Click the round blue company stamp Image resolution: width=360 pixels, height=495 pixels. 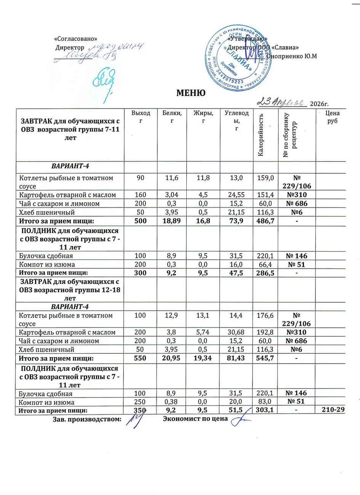(x=235, y=58)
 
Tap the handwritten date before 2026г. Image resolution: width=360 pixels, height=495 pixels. (x=282, y=102)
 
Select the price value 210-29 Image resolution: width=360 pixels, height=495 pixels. (x=333, y=410)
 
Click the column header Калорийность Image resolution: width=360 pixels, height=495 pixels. (x=261, y=134)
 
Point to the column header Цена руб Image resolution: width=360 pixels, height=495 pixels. (x=332, y=117)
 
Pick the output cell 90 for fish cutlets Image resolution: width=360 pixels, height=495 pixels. (x=141, y=178)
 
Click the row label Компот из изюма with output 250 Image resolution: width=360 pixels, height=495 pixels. (x=47, y=402)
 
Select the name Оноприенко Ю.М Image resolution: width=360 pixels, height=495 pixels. (x=292, y=56)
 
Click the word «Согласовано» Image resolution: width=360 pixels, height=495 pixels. (x=76, y=39)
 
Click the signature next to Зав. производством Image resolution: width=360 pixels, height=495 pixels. (x=134, y=420)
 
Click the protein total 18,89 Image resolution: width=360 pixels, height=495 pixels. (x=171, y=221)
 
